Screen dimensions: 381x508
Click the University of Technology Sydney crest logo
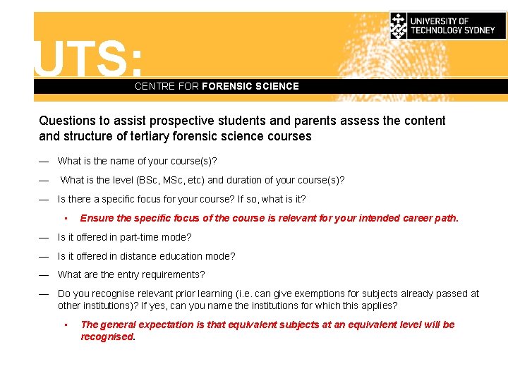pos(399,25)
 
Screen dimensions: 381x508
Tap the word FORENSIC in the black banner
pos(227,86)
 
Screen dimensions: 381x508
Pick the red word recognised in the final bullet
pos(107,337)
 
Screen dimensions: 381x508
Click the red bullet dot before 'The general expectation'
pos(65,325)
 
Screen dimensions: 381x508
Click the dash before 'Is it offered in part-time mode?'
pos(44,237)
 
